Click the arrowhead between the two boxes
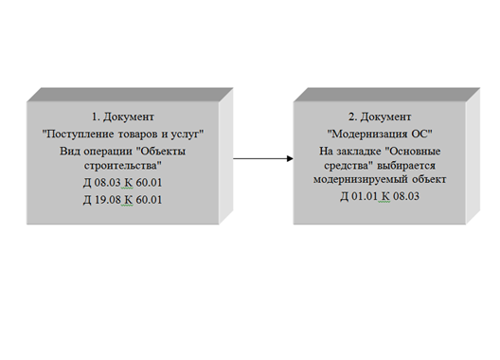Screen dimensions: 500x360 290,158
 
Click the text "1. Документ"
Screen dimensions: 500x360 123,117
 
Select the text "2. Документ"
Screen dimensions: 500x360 380,117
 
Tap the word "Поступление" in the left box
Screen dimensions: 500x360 79,134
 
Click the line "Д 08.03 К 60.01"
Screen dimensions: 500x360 123,183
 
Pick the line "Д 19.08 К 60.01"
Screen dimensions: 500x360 123,200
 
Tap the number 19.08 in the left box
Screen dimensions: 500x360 108,200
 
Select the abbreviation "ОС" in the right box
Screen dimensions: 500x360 422,134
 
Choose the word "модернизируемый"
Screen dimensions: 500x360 361,179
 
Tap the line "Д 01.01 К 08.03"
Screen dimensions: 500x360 380,196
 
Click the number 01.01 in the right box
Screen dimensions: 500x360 365,196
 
